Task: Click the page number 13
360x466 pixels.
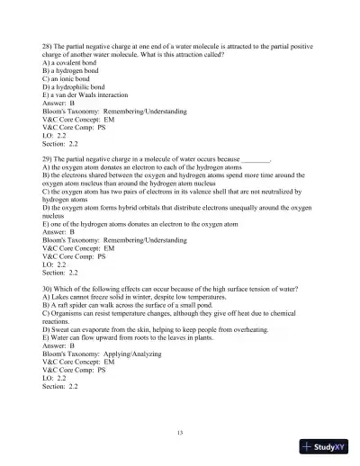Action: point(180,433)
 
